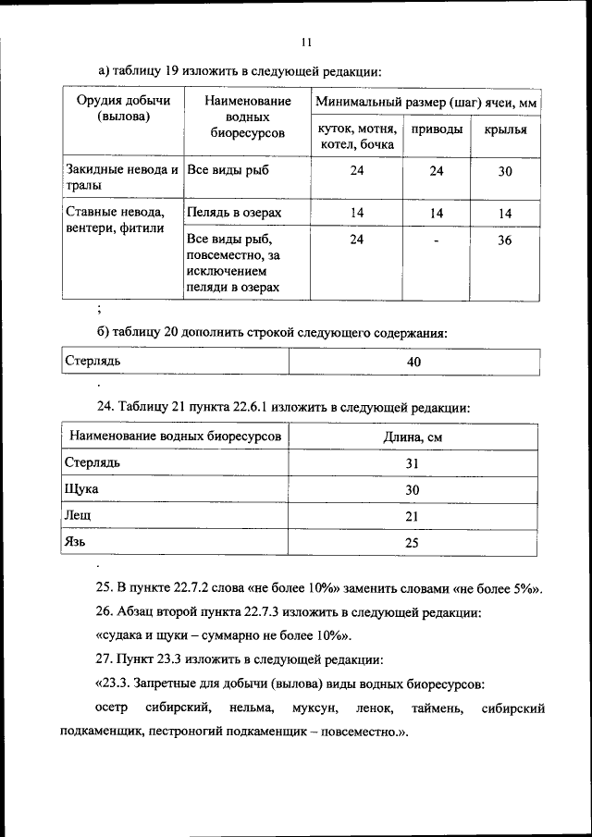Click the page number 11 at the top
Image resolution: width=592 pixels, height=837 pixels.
click(x=308, y=40)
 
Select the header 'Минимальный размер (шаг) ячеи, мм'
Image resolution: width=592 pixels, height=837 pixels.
click(x=425, y=101)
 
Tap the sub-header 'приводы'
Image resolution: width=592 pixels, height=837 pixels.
click(x=437, y=129)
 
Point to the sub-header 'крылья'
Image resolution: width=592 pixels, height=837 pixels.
click(x=505, y=129)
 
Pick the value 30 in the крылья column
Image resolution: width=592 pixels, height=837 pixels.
click(x=505, y=171)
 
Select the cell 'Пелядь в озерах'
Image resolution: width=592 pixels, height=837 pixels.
click(x=233, y=213)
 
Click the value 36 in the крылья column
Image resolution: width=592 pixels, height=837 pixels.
click(x=505, y=240)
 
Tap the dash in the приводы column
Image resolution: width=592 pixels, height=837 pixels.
click(x=437, y=241)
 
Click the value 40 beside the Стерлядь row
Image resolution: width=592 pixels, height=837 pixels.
click(x=413, y=362)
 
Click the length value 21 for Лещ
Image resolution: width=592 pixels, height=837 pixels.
click(x=413, y=516)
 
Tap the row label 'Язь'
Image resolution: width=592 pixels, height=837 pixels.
click(x=77, y=542)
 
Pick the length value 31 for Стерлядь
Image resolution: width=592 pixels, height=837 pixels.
click(x=413, y=463)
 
